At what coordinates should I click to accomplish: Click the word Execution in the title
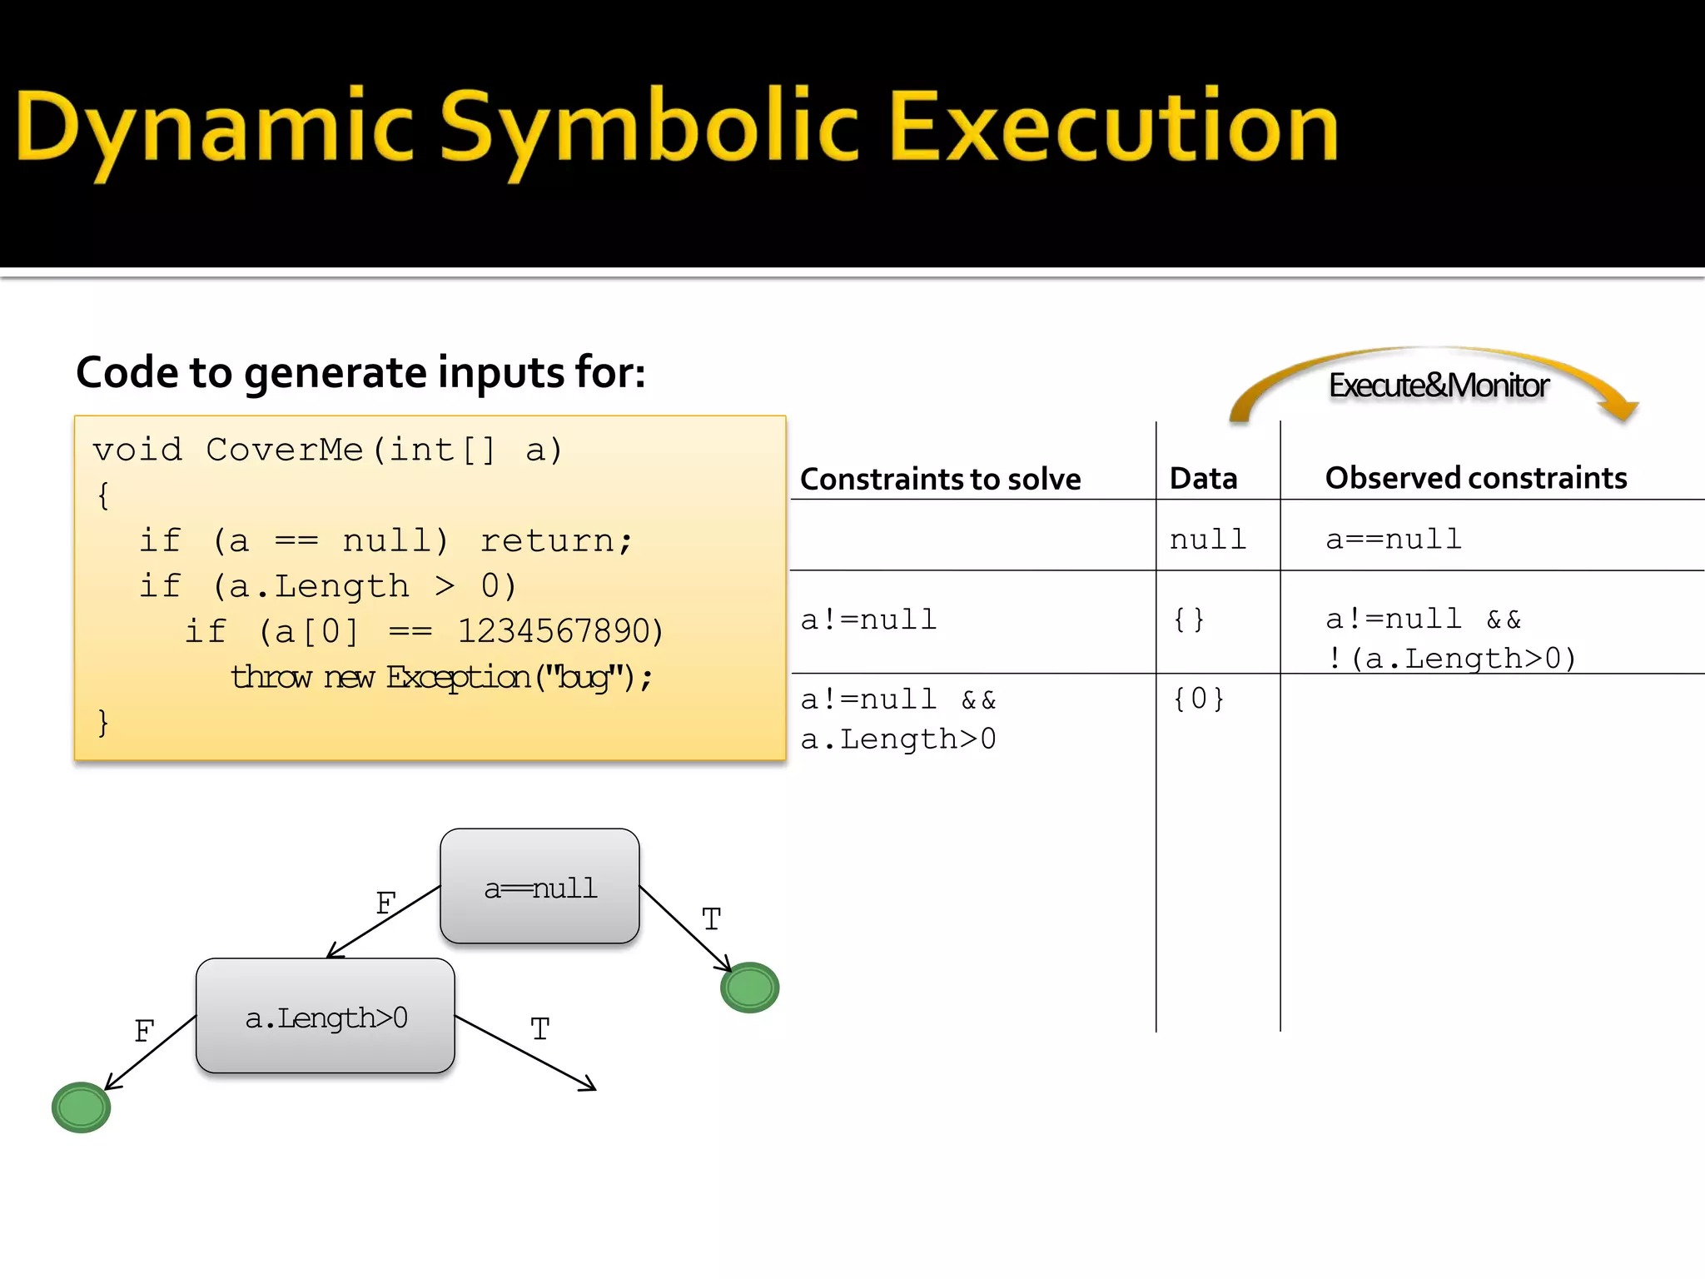click(1114, 127)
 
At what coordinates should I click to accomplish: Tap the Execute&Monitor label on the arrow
click(1438, 386)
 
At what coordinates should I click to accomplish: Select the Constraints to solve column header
click(940, 480)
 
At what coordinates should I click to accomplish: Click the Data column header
click(1203, 479)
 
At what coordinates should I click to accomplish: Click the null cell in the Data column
click(1207, 540)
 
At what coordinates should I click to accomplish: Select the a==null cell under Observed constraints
click(1393, 539)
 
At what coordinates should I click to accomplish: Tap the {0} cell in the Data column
click(1198, 699)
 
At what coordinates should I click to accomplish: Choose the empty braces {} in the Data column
click(1189, 620)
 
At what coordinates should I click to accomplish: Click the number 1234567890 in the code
click(559, 631)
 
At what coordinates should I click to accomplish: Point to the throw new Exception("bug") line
click(441, 677)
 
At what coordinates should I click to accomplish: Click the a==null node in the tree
click(540, 888)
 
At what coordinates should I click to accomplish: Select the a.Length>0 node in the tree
click(326, 1018)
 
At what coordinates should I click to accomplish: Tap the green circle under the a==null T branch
click(749, 988)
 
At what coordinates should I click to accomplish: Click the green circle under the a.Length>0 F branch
click(81, 1107)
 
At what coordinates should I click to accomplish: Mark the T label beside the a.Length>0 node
click(540, 1030)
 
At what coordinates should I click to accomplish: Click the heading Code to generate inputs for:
click(360, 372)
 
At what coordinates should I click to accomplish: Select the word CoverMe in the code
click(284, 450)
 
